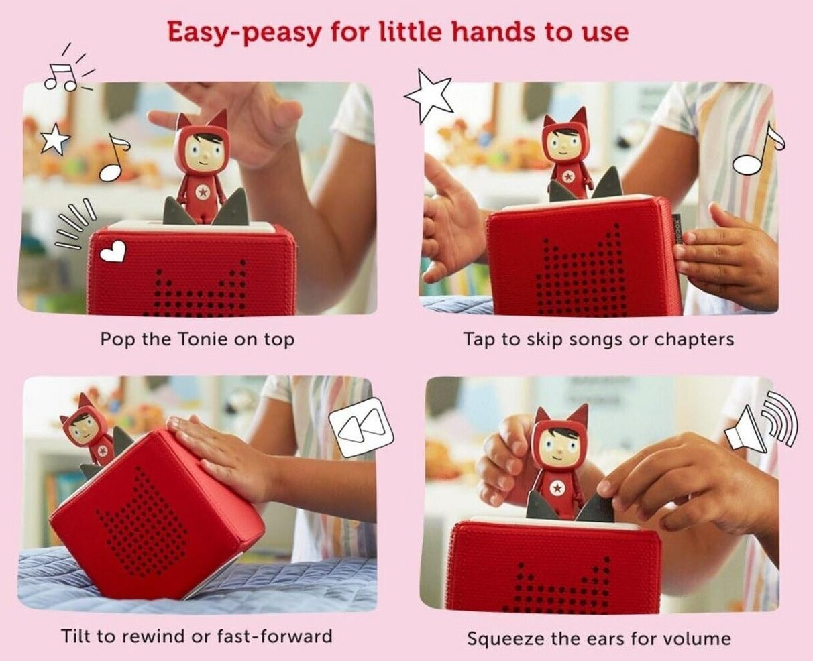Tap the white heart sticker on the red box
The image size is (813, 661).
[113, 252]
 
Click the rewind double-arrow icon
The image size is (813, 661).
[361, 427]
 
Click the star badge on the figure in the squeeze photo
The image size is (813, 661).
[557, 487]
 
